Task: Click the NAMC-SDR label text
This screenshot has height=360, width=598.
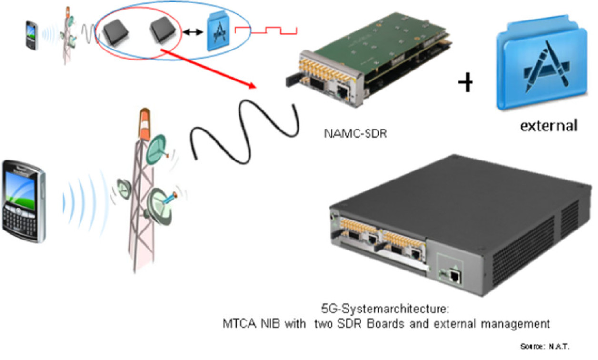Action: [354, 134]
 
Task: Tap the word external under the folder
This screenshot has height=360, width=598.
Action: [548, 126]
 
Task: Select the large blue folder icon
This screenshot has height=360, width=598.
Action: [542, 67]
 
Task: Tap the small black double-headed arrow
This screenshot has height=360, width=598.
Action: [192, 32]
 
